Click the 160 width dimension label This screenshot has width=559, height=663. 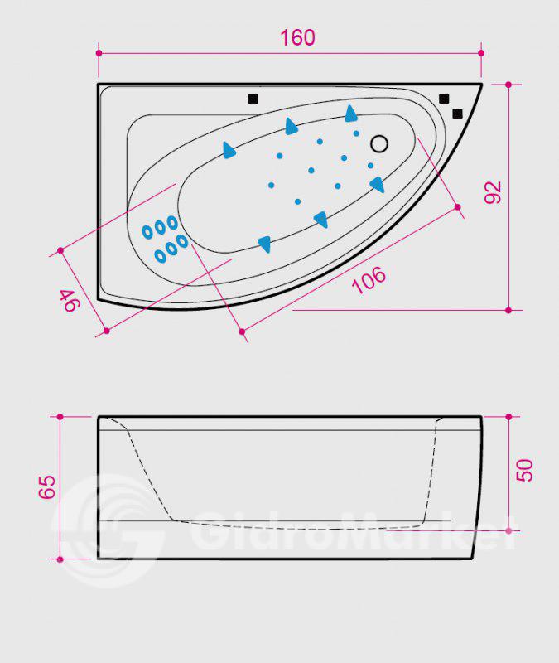tap(297, 37)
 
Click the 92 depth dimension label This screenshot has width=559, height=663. tap(493, 192)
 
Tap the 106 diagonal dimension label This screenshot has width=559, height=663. tap(369, 279)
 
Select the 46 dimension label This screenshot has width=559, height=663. tap(70, 300)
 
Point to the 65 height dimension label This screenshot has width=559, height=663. tap(47, 486)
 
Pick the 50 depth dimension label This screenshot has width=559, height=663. tap(525, 470)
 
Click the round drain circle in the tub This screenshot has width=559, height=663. tap(379, 143)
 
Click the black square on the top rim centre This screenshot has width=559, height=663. tap(253, 99)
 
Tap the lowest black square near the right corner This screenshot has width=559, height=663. tap(457, 114)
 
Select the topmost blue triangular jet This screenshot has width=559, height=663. tap(350, 114)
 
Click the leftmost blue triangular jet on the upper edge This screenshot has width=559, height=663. tap(229, 150)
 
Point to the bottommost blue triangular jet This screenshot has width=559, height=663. tap(264, 244)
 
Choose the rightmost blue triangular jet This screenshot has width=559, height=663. tap(378, 184)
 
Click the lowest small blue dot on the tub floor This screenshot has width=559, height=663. tap(297, 201)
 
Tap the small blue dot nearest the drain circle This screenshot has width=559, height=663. tap(356, 133)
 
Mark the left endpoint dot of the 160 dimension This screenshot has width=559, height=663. tap(99, 53)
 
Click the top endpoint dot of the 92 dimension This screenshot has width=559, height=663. tap(508, 85)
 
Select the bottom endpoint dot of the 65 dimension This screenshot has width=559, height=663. tap(60, 559)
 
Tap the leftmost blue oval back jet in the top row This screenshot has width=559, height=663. tap(147, 232)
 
